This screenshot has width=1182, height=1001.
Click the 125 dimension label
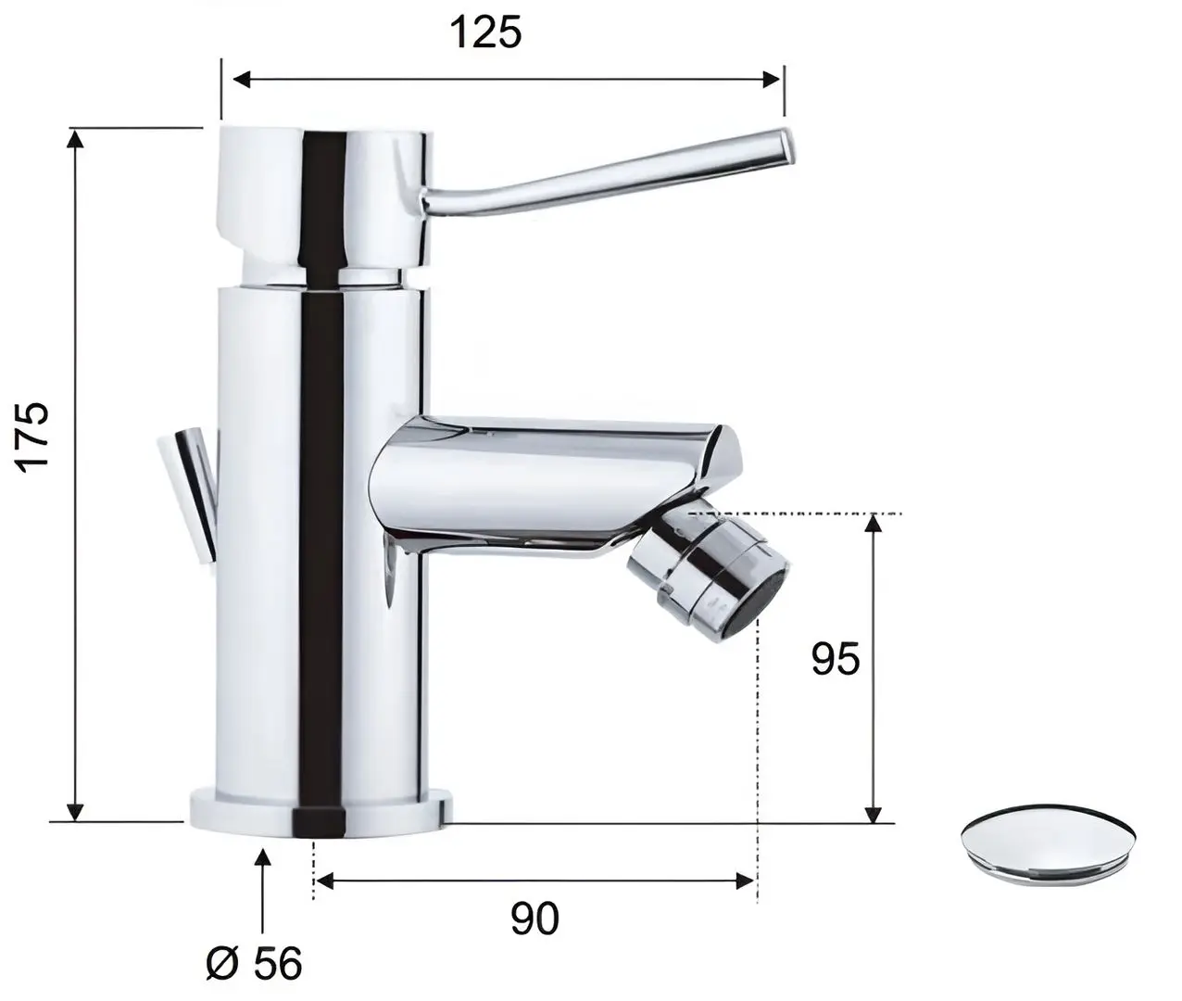[485, 32]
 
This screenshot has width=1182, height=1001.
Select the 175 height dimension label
[34, 436]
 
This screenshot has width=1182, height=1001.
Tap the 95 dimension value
[836, 659]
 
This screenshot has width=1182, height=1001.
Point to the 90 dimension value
[534, 919]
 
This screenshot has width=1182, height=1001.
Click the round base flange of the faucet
[321, 812]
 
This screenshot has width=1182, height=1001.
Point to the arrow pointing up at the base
[263, 857]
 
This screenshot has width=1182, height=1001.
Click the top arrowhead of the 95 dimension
[873, 525]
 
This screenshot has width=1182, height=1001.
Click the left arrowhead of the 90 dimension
[324, 881]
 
